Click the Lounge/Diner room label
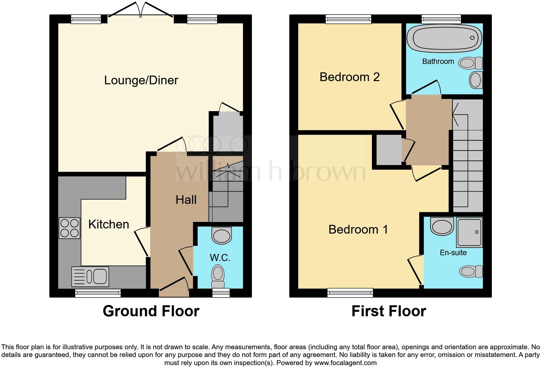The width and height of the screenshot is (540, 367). click(x=141, y=80)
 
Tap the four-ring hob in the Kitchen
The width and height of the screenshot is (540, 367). click(x=69, y=228)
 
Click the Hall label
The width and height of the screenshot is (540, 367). click(x=186, y=200)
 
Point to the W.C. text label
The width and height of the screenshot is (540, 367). click(x=220, y=258)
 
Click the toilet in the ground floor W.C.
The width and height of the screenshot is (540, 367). click(x=218, y=276)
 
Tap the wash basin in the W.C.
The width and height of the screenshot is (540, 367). click(x=222, y=236)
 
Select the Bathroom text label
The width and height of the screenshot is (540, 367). click(x=438, y=61)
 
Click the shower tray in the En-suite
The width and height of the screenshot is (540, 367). click(x=469, y=232)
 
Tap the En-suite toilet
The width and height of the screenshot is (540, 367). click(x=471, y=271)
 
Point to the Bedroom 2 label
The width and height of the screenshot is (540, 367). click(x=349, y=77)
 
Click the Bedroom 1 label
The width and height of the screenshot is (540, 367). click(x=358, y=230)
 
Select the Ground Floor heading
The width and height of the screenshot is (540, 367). click(x=151, y=311)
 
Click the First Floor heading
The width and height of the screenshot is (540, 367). click(x=389, y=311)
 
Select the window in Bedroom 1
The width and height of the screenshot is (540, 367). click(x=350, y=293)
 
